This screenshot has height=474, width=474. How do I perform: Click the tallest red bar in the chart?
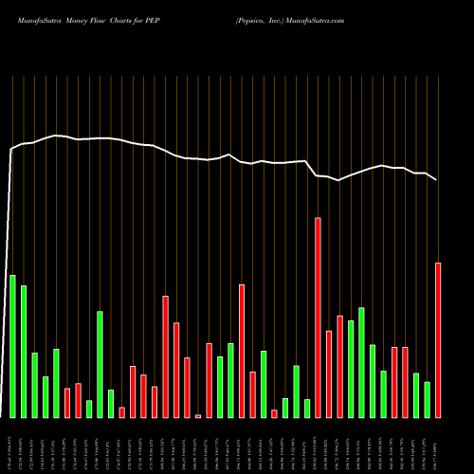point(318,318)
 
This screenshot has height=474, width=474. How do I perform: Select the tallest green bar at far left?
point(12,346)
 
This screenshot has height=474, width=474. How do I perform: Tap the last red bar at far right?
point(438,339)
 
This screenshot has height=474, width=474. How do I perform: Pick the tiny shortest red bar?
point(198,416)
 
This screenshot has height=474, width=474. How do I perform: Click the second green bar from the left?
point(24,351)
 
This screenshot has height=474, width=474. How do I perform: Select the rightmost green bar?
point(427,399)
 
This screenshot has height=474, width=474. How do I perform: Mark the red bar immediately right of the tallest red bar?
point(329,374)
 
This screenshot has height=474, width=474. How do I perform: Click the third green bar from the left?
point(34,385)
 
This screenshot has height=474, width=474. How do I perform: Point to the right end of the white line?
point(437,179)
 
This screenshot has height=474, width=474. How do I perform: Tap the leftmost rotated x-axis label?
point(12,445)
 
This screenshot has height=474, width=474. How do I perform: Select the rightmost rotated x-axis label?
point(438,445)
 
